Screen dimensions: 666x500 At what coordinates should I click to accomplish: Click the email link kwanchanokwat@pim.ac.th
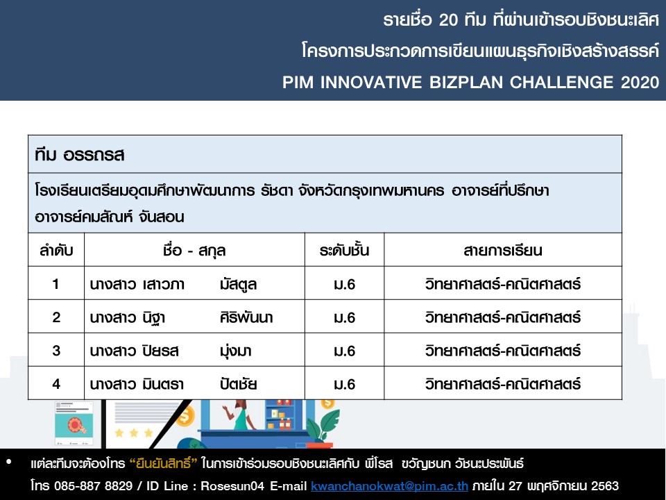point(389,485)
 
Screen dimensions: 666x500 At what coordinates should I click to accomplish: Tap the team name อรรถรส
point(94,155)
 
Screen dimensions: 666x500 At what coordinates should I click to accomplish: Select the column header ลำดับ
point(56,250)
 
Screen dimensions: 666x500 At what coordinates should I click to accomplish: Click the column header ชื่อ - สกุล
point(194,251)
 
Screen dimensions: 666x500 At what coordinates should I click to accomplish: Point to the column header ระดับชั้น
point(345,250)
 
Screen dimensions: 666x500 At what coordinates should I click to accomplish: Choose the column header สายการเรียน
point(503,250)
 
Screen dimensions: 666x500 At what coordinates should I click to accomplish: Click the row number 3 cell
point(56,351)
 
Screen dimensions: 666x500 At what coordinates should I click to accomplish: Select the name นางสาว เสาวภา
point(137,284)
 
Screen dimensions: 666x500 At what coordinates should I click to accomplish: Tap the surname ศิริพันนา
point(246,317)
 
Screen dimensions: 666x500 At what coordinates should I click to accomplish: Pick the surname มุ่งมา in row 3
point(236,351)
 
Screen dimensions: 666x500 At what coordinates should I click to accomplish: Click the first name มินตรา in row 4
point(163,384)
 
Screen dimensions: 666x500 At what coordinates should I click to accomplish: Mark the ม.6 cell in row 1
point(345,284)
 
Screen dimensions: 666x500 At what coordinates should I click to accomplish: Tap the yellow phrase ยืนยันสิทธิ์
point(164,462)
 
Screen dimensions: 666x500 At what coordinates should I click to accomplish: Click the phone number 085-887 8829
point(94,485)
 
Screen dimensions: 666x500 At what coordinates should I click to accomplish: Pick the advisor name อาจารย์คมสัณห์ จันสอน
point(110,217)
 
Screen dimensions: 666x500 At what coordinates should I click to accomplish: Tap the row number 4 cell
point(56,384)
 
